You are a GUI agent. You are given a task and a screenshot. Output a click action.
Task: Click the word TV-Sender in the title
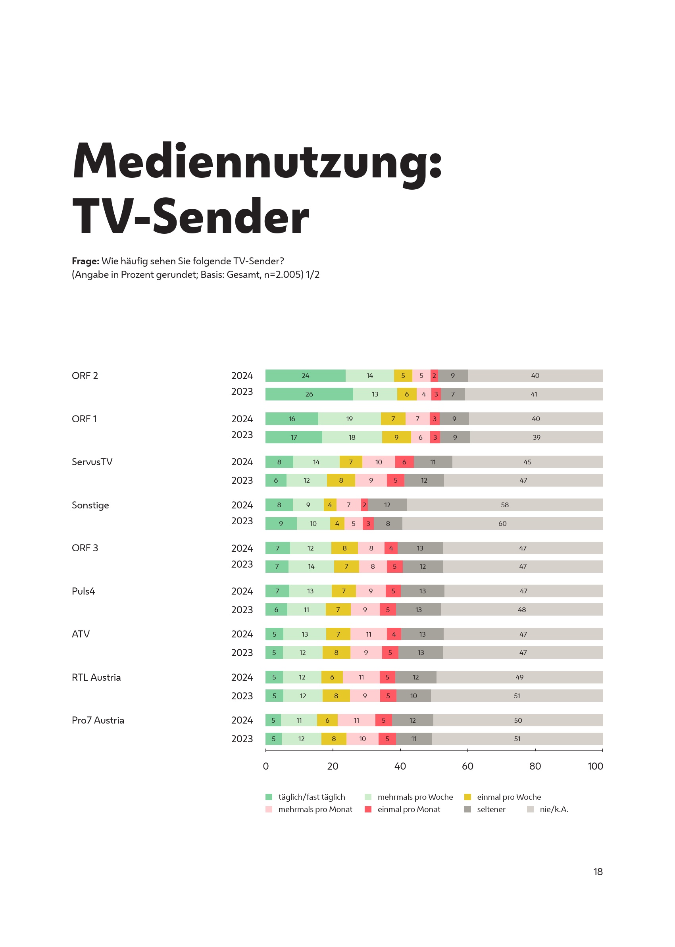coord(190,216)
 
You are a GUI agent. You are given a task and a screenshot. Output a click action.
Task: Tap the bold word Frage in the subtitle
coord(85,261)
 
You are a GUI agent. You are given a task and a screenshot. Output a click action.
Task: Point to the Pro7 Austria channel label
coord(98,720)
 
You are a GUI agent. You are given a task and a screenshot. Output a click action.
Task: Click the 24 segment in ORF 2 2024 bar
coord(305,375)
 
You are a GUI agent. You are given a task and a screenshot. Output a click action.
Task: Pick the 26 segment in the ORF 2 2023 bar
coord(309,394)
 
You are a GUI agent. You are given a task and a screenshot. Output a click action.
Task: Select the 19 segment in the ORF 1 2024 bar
coord(349,419)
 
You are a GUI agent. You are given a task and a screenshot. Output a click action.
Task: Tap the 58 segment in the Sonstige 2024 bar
coord(505,505)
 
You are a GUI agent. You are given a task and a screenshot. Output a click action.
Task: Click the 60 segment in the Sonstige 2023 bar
coord(502,524)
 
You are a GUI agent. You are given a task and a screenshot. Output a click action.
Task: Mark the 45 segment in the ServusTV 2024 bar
coord(527,462)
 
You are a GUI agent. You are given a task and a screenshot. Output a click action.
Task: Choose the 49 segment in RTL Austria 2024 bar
coord(519,677)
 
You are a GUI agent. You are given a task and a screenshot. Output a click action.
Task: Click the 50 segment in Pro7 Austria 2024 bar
coord(517,720)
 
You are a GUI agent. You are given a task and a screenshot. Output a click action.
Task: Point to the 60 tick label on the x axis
coord(467,766)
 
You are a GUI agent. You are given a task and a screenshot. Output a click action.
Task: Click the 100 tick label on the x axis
coord(595,766)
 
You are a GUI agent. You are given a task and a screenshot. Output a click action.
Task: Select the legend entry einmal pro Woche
coord(509,797)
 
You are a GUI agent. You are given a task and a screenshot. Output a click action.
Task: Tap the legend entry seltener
coord(491,809)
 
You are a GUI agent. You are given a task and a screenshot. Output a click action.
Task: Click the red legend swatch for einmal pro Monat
coord(368,809)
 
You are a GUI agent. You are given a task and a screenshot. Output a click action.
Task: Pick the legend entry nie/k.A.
coord(554,809)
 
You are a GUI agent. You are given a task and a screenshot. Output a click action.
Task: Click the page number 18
coord(598,872)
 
